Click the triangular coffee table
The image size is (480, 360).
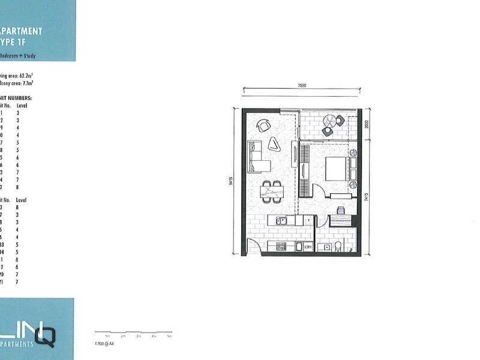(x=274, y=143)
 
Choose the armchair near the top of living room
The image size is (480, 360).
(x=263, y=125)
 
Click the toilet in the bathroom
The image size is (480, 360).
(x=339, y=247)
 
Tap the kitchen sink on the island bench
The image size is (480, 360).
(x=281, y=221)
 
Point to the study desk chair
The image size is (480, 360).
(x=341, y=210)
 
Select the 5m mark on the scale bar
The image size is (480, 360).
(x=169, y=336)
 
